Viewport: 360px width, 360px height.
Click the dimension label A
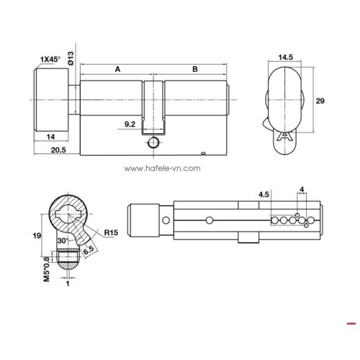click(117, 70)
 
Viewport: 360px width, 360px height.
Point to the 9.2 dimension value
click(130, 125)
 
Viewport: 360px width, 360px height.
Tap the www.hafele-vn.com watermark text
click(162, 170)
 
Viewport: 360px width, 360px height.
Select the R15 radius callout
click(110, 233)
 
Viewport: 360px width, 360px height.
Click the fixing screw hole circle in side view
click(153, 143)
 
